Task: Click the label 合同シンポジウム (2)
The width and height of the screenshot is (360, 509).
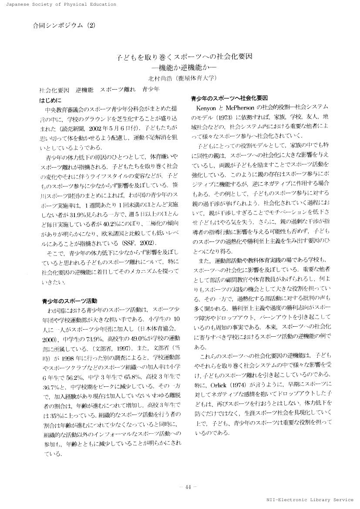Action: point(64,25)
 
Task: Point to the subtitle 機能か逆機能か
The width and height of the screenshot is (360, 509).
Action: point(185,68)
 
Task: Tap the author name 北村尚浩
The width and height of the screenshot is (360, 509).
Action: point(159,79)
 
